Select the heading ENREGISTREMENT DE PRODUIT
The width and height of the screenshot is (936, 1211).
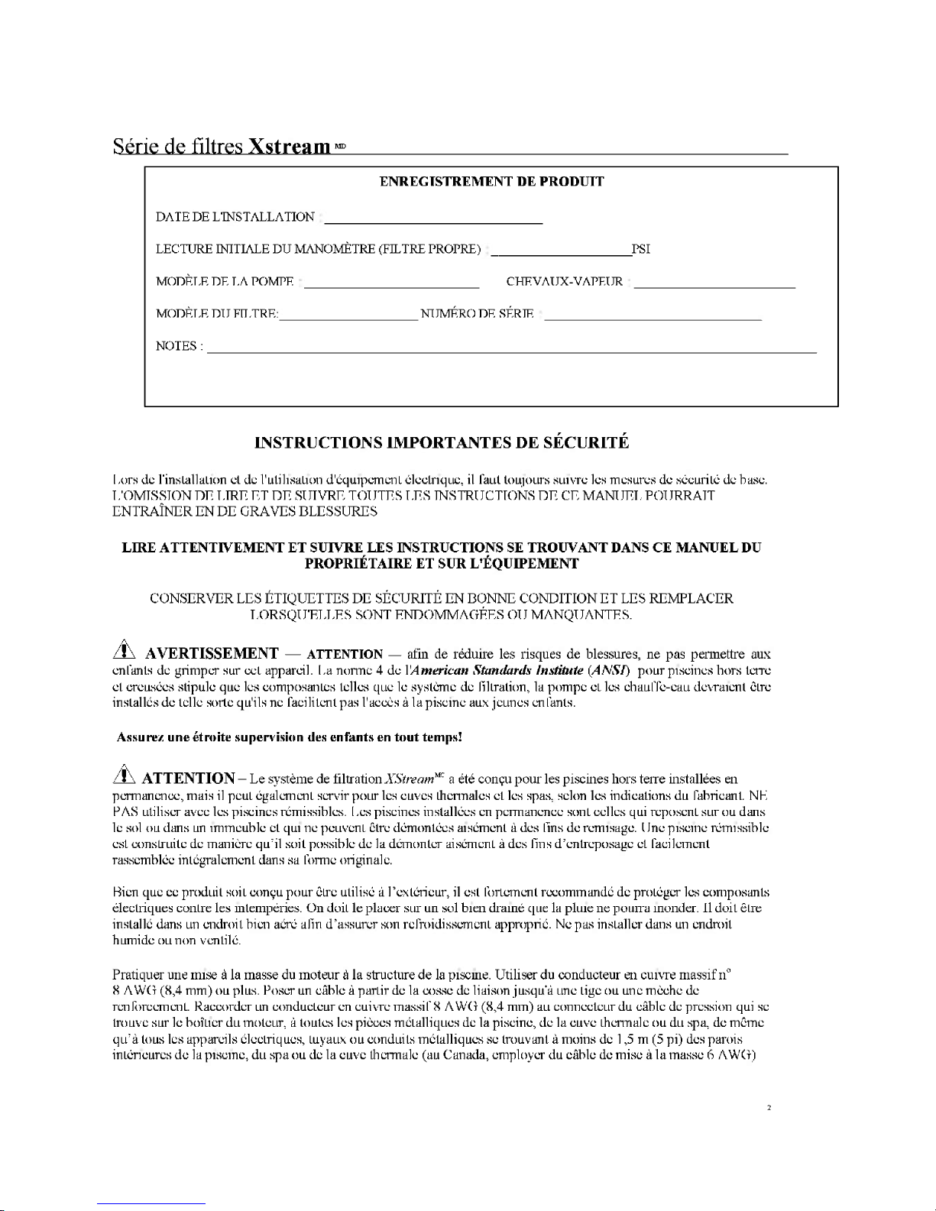click(x=491, y=181)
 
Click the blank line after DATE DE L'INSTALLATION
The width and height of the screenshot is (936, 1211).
click(x=433, y=221)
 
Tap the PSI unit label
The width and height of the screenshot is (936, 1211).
click(x=640, y=249)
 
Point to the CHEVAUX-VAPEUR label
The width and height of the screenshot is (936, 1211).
click(x=564, y=282)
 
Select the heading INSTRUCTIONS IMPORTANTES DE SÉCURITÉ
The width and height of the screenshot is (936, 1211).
click(x=442, y=442)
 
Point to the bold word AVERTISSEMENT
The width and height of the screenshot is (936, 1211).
click(x=212, y=653)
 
